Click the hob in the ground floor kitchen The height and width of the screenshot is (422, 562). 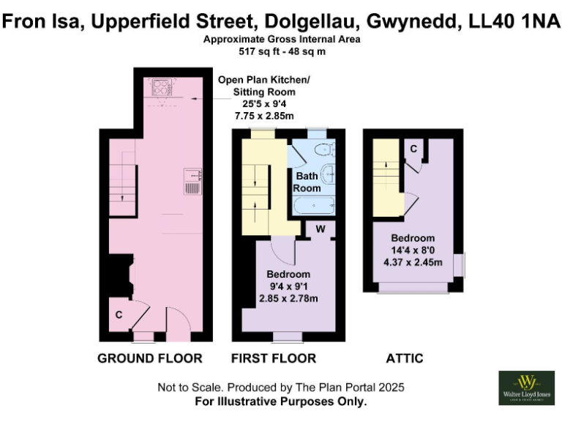(160, 88)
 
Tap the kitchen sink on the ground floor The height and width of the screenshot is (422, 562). (193, 181)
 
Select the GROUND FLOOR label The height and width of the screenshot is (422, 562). (150, 358)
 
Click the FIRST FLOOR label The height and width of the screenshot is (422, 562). (274, 358)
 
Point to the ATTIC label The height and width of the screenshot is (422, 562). (405, 358)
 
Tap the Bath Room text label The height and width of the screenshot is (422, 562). (308, 182)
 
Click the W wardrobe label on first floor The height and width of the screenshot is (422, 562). (320, 229)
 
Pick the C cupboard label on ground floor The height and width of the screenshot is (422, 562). (119, 315)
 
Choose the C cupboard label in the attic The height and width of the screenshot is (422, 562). (413, 149)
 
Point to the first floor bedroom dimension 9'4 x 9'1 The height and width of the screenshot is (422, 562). (287, 286)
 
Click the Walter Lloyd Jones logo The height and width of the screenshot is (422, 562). (525, 388)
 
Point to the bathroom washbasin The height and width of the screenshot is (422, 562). (329, 174)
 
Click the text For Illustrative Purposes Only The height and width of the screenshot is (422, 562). (281, 401)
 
